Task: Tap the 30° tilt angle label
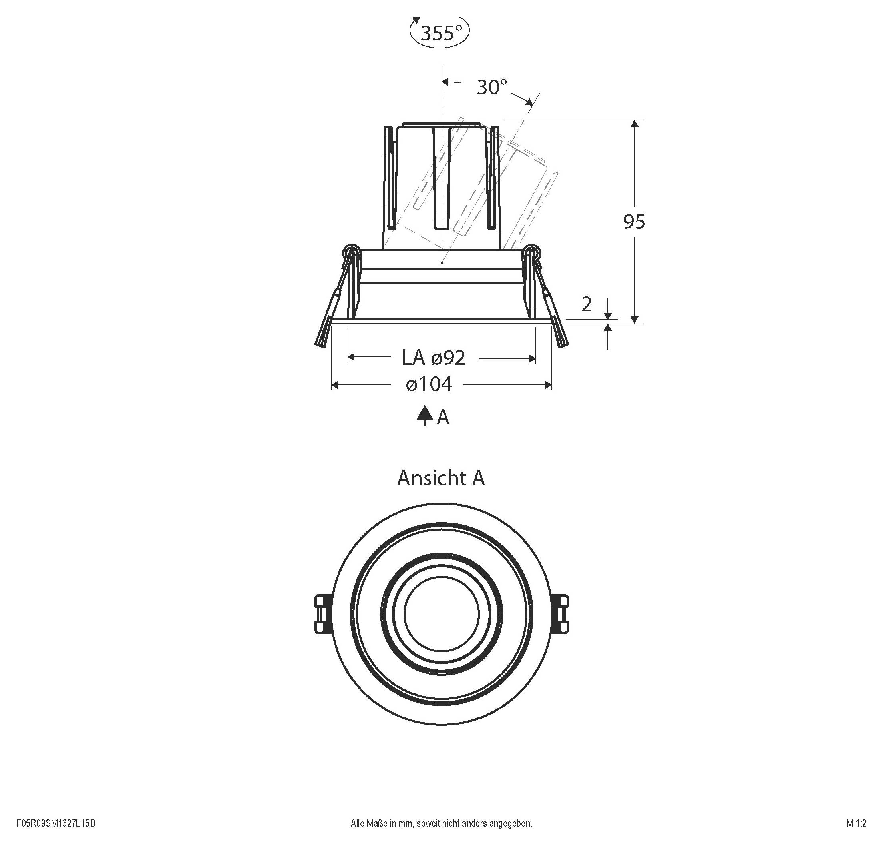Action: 492,87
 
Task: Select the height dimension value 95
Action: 634,222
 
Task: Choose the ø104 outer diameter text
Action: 429,385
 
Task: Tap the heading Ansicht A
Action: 441,478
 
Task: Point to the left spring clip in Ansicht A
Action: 323,613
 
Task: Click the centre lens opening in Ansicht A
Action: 442,613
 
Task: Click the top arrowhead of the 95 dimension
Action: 635,124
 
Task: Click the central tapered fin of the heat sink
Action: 442,180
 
